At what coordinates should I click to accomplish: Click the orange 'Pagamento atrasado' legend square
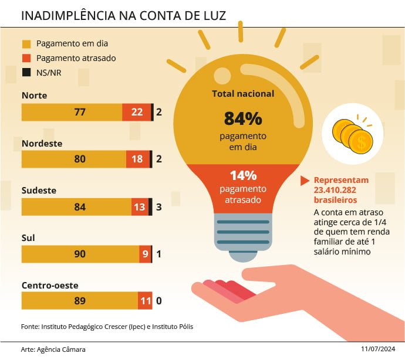click(26, 58)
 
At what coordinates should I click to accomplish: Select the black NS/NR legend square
click(26, 73)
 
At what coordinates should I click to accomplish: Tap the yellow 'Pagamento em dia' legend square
click(26, 44)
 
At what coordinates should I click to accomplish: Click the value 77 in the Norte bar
click(80, 112)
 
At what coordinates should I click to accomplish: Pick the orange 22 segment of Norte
click(137, 112)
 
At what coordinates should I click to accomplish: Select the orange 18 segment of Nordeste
click(138, 159)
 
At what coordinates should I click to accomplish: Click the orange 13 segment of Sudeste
click(140, 206)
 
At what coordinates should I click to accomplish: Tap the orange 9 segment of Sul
click(145, 254)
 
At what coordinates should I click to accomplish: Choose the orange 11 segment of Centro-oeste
click(145, 301)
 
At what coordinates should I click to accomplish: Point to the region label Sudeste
click(39, 191)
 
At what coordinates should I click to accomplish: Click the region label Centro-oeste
click(50, 286)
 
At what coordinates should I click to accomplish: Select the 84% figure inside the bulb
click(242, 118)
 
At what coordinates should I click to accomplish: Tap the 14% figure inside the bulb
click(243, 175)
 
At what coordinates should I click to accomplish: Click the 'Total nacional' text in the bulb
click(243, 93)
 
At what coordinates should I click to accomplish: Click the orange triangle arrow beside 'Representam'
click(304, 181)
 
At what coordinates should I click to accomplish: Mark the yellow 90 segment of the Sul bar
click(80, 254)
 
